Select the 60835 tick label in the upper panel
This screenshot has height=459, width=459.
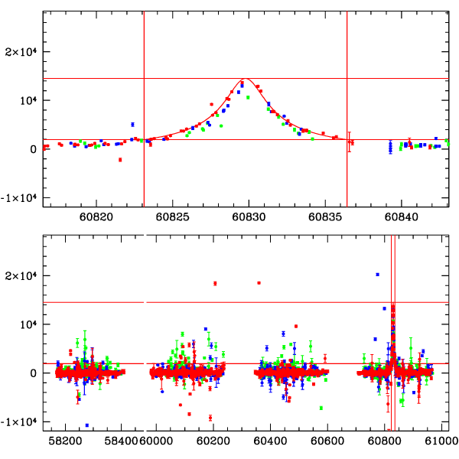pos(324,216)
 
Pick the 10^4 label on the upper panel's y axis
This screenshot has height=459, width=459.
pos(28,100)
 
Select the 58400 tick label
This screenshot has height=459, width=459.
pos(122,441)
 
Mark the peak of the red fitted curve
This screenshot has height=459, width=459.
pos(245,79)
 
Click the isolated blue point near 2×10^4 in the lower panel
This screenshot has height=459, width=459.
pos(377,275)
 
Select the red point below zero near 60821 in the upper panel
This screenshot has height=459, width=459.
pos(120,159)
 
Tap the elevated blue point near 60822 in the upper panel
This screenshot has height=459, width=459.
pos(132,124)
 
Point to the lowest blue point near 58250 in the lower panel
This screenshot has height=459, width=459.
pos(87,425)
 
